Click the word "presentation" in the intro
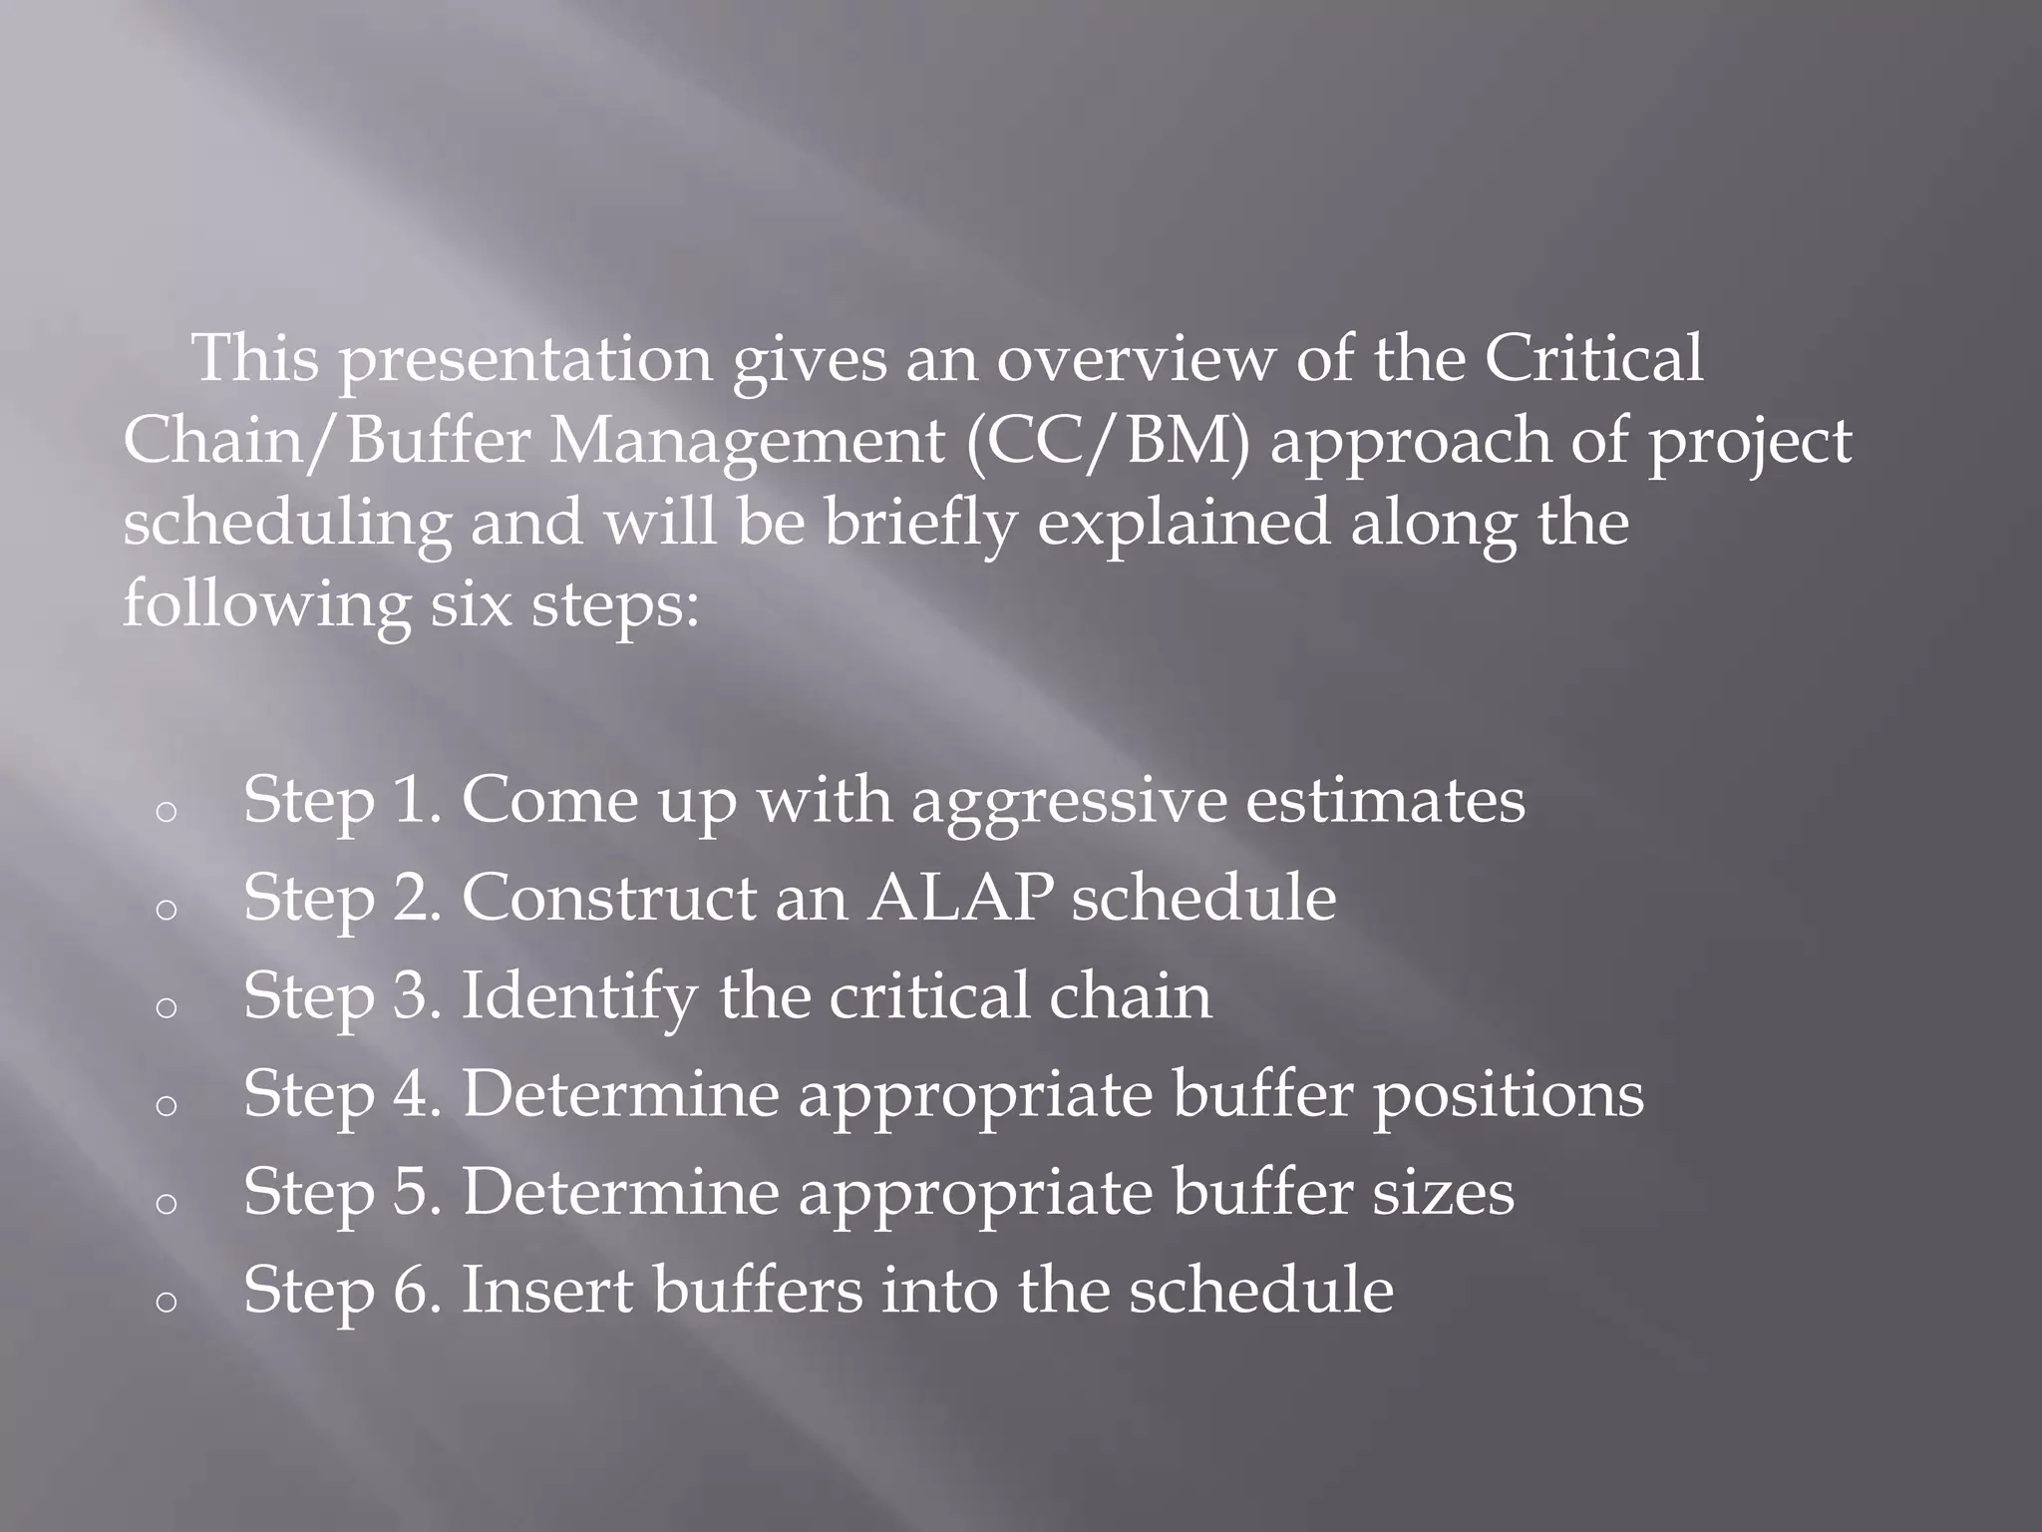[x=525, y=361]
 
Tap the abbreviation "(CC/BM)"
[x=1106, y=441]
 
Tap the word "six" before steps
[x=470, y=604]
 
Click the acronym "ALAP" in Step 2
[x=959, y=898]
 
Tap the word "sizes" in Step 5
[x=1443, y=1193]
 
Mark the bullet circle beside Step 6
[x=167, y=1301]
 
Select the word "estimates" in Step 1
[x=1385, y=801]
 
